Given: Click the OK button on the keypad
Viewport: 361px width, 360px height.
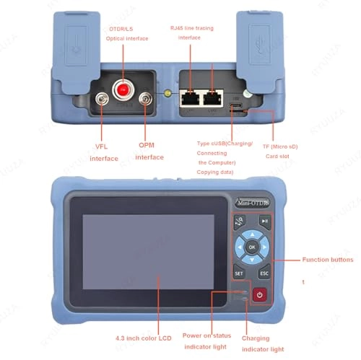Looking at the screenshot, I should tap(252, 247).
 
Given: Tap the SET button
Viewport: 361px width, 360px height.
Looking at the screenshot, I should tap(238, 273).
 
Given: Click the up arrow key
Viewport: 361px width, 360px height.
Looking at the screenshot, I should tap(252, 233).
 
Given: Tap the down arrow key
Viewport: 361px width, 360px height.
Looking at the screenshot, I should tap(252, 262).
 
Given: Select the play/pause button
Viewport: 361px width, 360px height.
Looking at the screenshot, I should tap(265, 221).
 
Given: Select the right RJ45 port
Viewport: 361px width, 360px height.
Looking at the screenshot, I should tap(214, 98).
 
